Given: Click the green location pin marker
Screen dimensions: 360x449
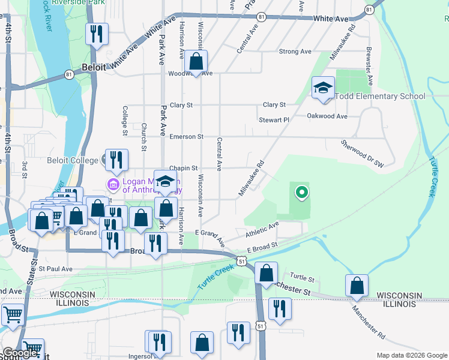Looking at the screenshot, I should pyautogui.click(x=302, y=193).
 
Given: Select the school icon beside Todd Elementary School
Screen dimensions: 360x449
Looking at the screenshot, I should pyautogui.click(x=323, y=89).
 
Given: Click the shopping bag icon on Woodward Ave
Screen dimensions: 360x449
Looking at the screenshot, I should pyautogui.click(x=196, y=61).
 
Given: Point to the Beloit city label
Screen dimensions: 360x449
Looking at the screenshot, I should pyautogui.click(x=94, y=68).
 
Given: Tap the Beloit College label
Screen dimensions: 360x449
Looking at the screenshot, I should pyautogui.click(x=72, y=160).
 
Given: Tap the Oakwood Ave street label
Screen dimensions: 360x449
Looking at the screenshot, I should pyautogui.click(x=327, y=116).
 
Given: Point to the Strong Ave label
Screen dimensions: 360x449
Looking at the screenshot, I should pyautogui.click(x=295, y=52).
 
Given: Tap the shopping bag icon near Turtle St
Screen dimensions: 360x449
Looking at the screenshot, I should pyautogui.click(x=266, y=273).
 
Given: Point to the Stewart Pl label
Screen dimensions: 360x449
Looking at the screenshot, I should pyautogui.click(x=274, y=120).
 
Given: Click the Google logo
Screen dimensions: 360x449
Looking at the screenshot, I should pyautogui.click(x=20, y=353).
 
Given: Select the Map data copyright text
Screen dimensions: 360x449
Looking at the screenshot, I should pyautogui.click(x=412, y=355).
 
